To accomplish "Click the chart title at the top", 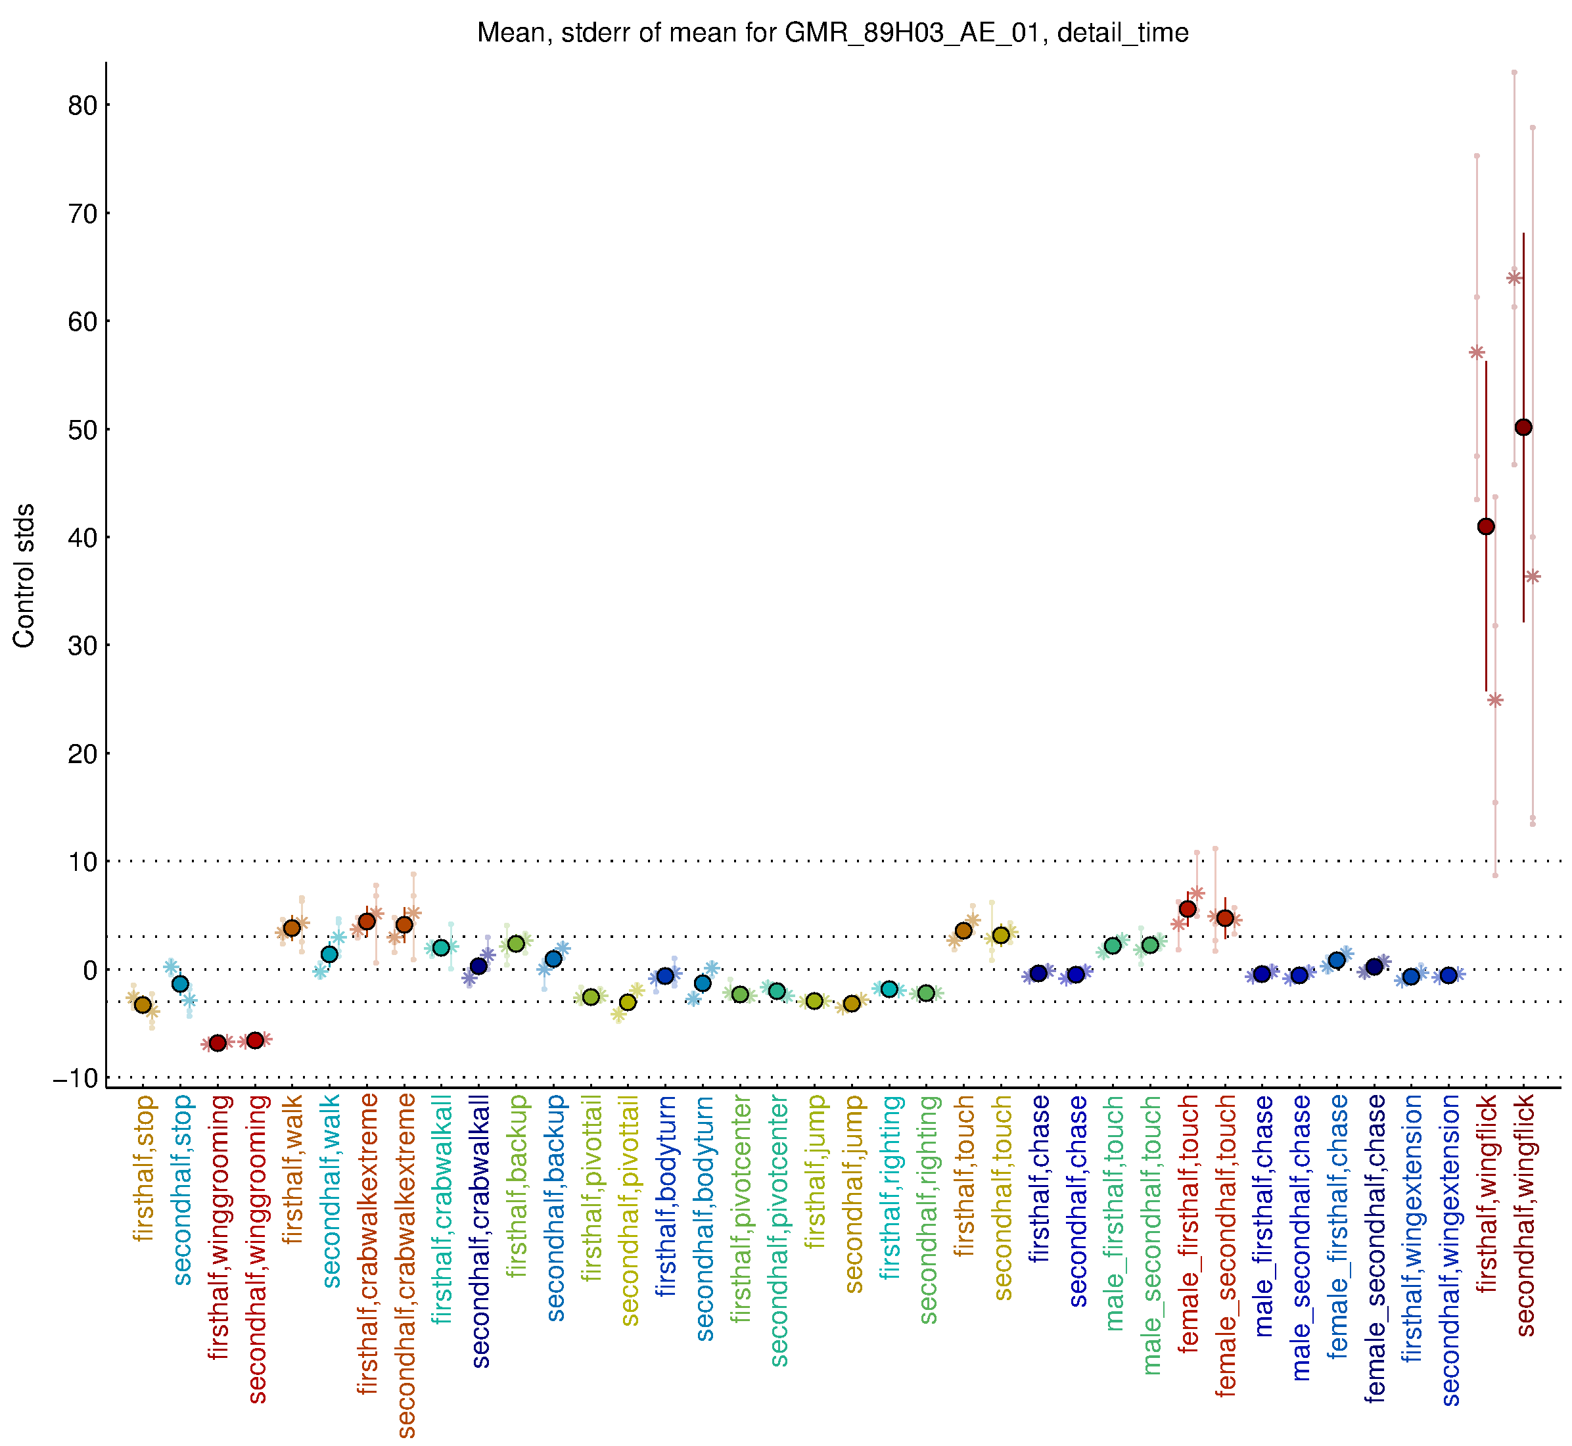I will point(833,33).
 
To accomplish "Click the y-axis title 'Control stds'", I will point(24,575).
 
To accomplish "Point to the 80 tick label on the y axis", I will point(82,106).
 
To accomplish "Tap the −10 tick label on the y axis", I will point(75,1078).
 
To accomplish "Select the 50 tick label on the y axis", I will point(82,430).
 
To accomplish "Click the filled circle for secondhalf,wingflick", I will point(1523,427).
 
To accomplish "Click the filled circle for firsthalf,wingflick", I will point(1485,526).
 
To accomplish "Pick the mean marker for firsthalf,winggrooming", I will point(218,1043).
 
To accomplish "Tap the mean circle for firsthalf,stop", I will point(143,1005).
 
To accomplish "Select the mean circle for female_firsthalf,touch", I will point(1187,908).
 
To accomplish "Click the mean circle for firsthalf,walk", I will point(292,928).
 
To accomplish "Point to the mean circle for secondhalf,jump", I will point(851,1004).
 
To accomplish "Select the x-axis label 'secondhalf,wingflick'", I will point(1525,1215).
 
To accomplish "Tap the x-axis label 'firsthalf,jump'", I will point(816,1171).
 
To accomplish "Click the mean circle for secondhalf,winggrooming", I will point(255,1040).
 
